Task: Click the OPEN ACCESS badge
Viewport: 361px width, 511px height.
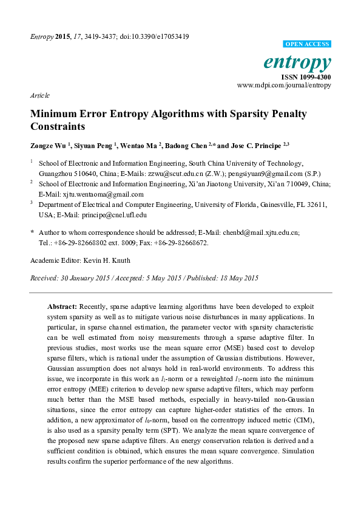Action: (x=308, y=44)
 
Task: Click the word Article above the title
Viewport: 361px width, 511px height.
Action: (x=39, y=96)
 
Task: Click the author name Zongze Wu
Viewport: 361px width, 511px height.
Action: (x=49, y=145)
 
